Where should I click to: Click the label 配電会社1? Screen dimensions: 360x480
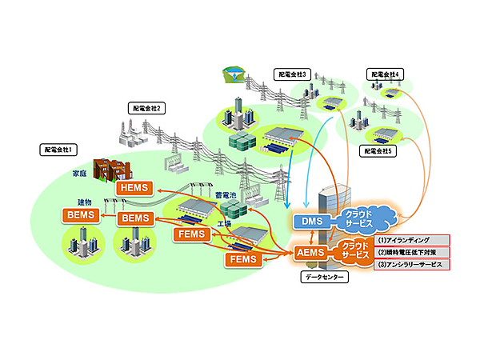(x=60, y=149)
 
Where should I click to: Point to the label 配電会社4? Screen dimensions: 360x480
(x=386, y=74)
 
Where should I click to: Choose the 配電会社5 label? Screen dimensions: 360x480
(x=380, y=150)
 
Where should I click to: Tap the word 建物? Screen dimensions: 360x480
(x=85, y=202)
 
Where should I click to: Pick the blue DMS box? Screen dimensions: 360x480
(x=309, y=221)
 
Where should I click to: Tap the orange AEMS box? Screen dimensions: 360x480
(x=309, y=251)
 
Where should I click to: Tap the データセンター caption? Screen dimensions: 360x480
(x=324, y=277)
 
